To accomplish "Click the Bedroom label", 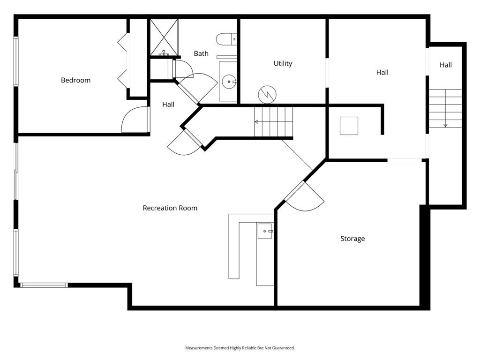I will pos(75,80).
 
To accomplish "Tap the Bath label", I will pos(201,53).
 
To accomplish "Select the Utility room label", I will pos(283,63).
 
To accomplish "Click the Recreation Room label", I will pos(170,208).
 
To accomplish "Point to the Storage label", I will pos(352,239).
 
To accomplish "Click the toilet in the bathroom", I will pos(227,39).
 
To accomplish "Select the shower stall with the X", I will pos(164,37).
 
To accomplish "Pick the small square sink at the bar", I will pos(265,231).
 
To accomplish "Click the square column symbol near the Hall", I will pos(349,126).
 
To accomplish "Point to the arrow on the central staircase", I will pos(257,122).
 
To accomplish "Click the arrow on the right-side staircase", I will pos(445,125).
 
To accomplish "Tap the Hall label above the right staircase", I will pos(446,65).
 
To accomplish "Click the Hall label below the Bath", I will pos(168,104).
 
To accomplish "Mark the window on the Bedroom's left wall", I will pos(16,61).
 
